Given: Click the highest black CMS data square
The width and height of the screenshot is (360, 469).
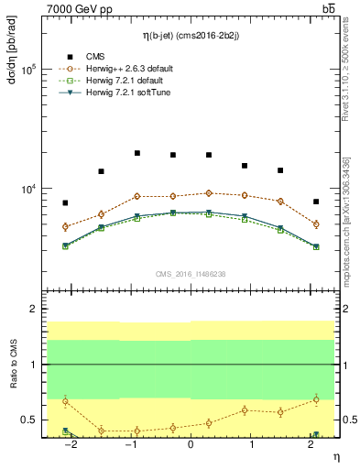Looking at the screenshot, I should coord(136,153).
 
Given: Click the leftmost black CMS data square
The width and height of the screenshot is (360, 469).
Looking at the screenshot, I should coord(65,202).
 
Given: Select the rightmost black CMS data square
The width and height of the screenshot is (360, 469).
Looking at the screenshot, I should coord(315,202).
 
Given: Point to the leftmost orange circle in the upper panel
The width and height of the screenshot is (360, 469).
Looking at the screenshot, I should coord(65,226).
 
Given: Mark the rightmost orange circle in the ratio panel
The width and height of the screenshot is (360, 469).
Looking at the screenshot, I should coord(315,398).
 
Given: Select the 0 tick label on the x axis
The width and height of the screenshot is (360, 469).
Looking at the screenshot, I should coord(191,445).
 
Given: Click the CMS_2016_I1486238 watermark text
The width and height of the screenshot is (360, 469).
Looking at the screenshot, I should coord(191,274).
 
